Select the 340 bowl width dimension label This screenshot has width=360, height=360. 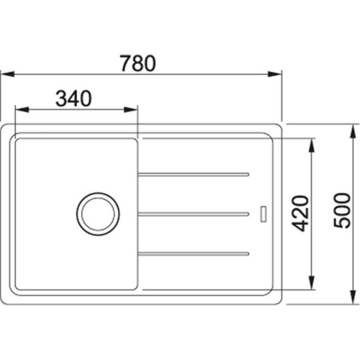point(74,99)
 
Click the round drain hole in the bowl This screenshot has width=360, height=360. point(97,213)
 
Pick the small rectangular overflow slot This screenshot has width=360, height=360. point(262,213)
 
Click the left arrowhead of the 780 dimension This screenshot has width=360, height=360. point(5,73)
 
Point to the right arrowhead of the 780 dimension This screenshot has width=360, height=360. point(276,73)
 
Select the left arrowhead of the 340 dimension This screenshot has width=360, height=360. point(19,109)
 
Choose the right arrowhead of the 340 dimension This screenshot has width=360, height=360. point(132,109)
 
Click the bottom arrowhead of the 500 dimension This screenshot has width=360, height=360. point(353,297)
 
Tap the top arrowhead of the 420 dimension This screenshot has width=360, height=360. point(311,143)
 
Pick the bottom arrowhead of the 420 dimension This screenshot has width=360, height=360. point(311,284)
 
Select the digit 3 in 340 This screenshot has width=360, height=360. point(63,99)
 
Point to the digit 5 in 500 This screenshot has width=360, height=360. point(343,223)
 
